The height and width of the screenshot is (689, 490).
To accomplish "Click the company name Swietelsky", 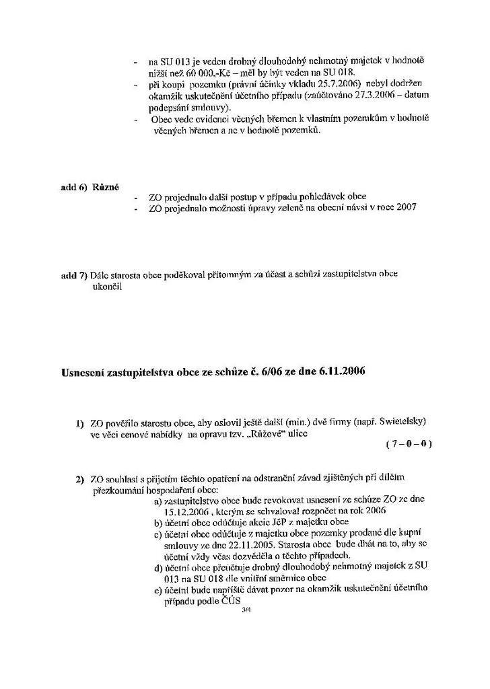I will [400, 422].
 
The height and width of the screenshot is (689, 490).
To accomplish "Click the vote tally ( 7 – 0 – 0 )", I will [409, 444].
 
